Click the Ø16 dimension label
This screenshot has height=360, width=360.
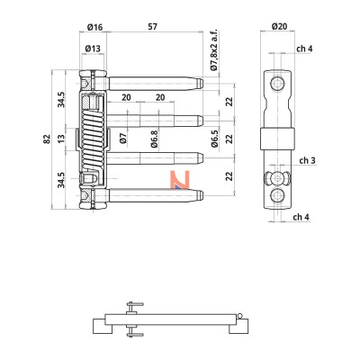(x=94, y=27)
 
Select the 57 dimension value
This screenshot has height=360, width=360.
(x=152, y=27)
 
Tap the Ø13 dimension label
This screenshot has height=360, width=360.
(x=93, y=49)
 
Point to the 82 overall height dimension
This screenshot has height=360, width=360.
(x=47, y=139)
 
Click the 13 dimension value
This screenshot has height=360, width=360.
(x=61, y=139)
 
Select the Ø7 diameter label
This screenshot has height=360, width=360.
(x=123, y=139)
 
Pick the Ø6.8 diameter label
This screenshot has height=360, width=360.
(x=154, y=139)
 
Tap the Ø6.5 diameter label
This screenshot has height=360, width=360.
(x=214, y=139)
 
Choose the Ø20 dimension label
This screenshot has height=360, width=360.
(x=280, y=27)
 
